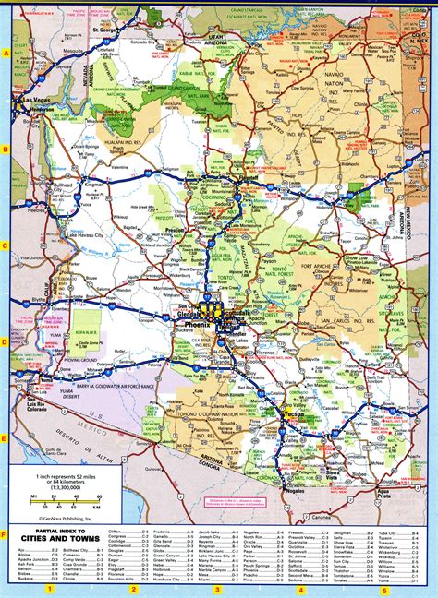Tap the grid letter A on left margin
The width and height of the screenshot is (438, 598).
pos(6,53)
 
